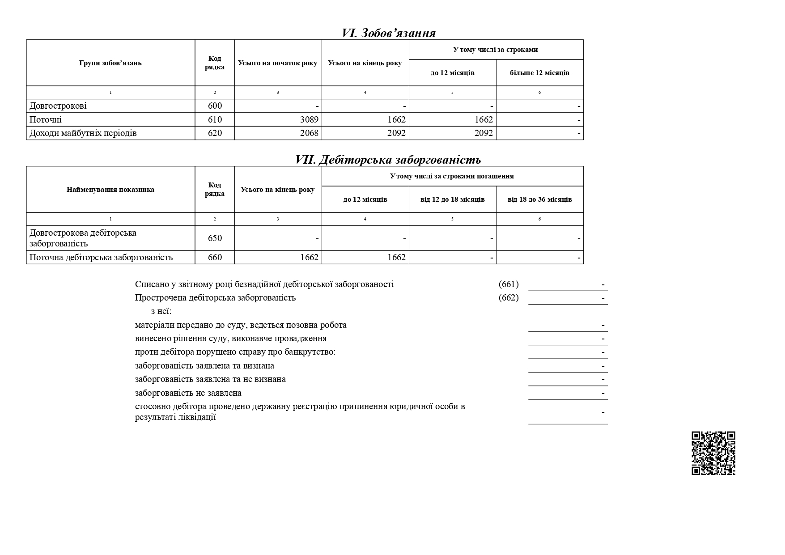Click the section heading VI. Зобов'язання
tap(388, 33)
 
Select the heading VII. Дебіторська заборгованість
tap(388, 160)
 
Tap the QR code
tap(713, 453)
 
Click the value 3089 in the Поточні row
tap(308, 120)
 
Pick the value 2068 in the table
tap(308, 133)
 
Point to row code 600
tap(215, 106)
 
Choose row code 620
tap(215, 133)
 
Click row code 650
tap(215, 238)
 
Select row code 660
tap(215, 258)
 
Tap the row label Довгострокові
tap(58, 106)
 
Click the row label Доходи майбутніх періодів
tap(83, 133)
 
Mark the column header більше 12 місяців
tap(539, 73)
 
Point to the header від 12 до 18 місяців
tap(452, 199)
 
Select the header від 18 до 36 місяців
tap(539, 199)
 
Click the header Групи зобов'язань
tap(110, 63)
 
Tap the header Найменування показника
tap(110, 190)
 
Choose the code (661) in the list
tap(509, 284)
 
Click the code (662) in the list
tap(509, 298)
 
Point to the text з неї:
tap(161, 312)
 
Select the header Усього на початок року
tap(278, 63)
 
